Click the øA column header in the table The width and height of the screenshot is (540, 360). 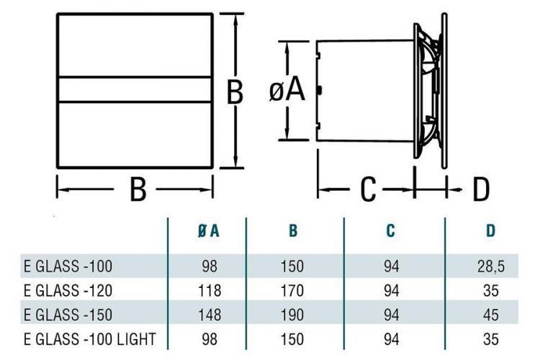209,231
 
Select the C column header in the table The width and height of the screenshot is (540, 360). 390,231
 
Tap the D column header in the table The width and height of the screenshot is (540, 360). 490,231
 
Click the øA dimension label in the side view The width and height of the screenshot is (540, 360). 288,91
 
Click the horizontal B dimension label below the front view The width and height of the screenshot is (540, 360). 138,190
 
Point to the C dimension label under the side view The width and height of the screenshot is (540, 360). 368,190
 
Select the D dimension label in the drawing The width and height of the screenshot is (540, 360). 480,190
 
